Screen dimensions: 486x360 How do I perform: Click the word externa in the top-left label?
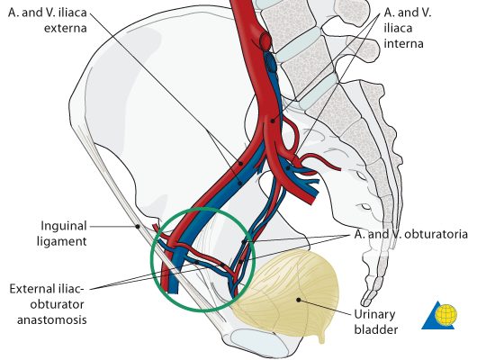pos(65,28)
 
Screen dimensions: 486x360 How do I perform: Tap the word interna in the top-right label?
pos(403,43)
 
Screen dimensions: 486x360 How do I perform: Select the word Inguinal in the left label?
pos(64,226)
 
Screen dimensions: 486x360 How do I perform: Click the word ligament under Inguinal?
pos(62,241)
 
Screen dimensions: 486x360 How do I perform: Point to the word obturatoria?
pos(436,234)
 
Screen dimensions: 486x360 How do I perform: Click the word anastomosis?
pos(52,319)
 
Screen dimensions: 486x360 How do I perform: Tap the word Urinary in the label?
pos(374,315)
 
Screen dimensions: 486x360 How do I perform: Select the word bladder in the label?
pos(376,329)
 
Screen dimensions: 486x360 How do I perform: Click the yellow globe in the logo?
pos(445,315)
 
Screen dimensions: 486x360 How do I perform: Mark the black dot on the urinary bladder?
pos(299,300)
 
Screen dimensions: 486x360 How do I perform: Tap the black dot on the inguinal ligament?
pos(138,227)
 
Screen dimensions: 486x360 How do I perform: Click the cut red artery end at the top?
pos(265,40)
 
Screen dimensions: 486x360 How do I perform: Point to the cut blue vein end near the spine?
pos(271,62)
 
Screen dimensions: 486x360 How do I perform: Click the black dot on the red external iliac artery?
pos(240,163)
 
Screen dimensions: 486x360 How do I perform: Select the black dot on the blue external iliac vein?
pos(240,184)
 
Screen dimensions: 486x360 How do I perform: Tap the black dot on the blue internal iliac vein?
pos(288,168)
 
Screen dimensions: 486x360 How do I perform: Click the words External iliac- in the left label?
pos(47,289)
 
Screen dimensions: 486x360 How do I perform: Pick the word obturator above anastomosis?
pos(57,304)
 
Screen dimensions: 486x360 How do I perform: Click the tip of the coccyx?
pos(364,303)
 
